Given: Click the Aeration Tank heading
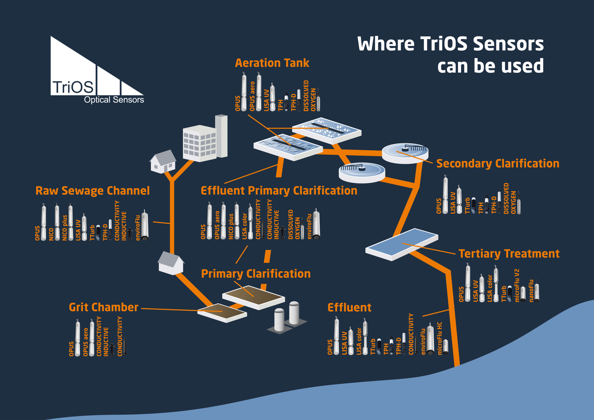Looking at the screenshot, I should [272, 63].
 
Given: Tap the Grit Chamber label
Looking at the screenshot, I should [103, 307].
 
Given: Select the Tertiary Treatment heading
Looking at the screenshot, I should [509, 254].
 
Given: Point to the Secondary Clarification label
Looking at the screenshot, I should [498, 164].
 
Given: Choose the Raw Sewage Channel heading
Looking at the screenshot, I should [92, 191].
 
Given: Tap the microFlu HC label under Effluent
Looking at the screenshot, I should [439, 338].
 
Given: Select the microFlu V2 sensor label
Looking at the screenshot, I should [517, 285].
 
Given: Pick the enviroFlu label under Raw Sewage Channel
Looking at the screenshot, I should [138, 228].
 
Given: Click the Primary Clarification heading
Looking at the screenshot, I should [256, 274].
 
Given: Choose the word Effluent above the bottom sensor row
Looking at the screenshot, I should [349, 307].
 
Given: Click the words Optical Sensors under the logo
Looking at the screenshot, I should [114, 100].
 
